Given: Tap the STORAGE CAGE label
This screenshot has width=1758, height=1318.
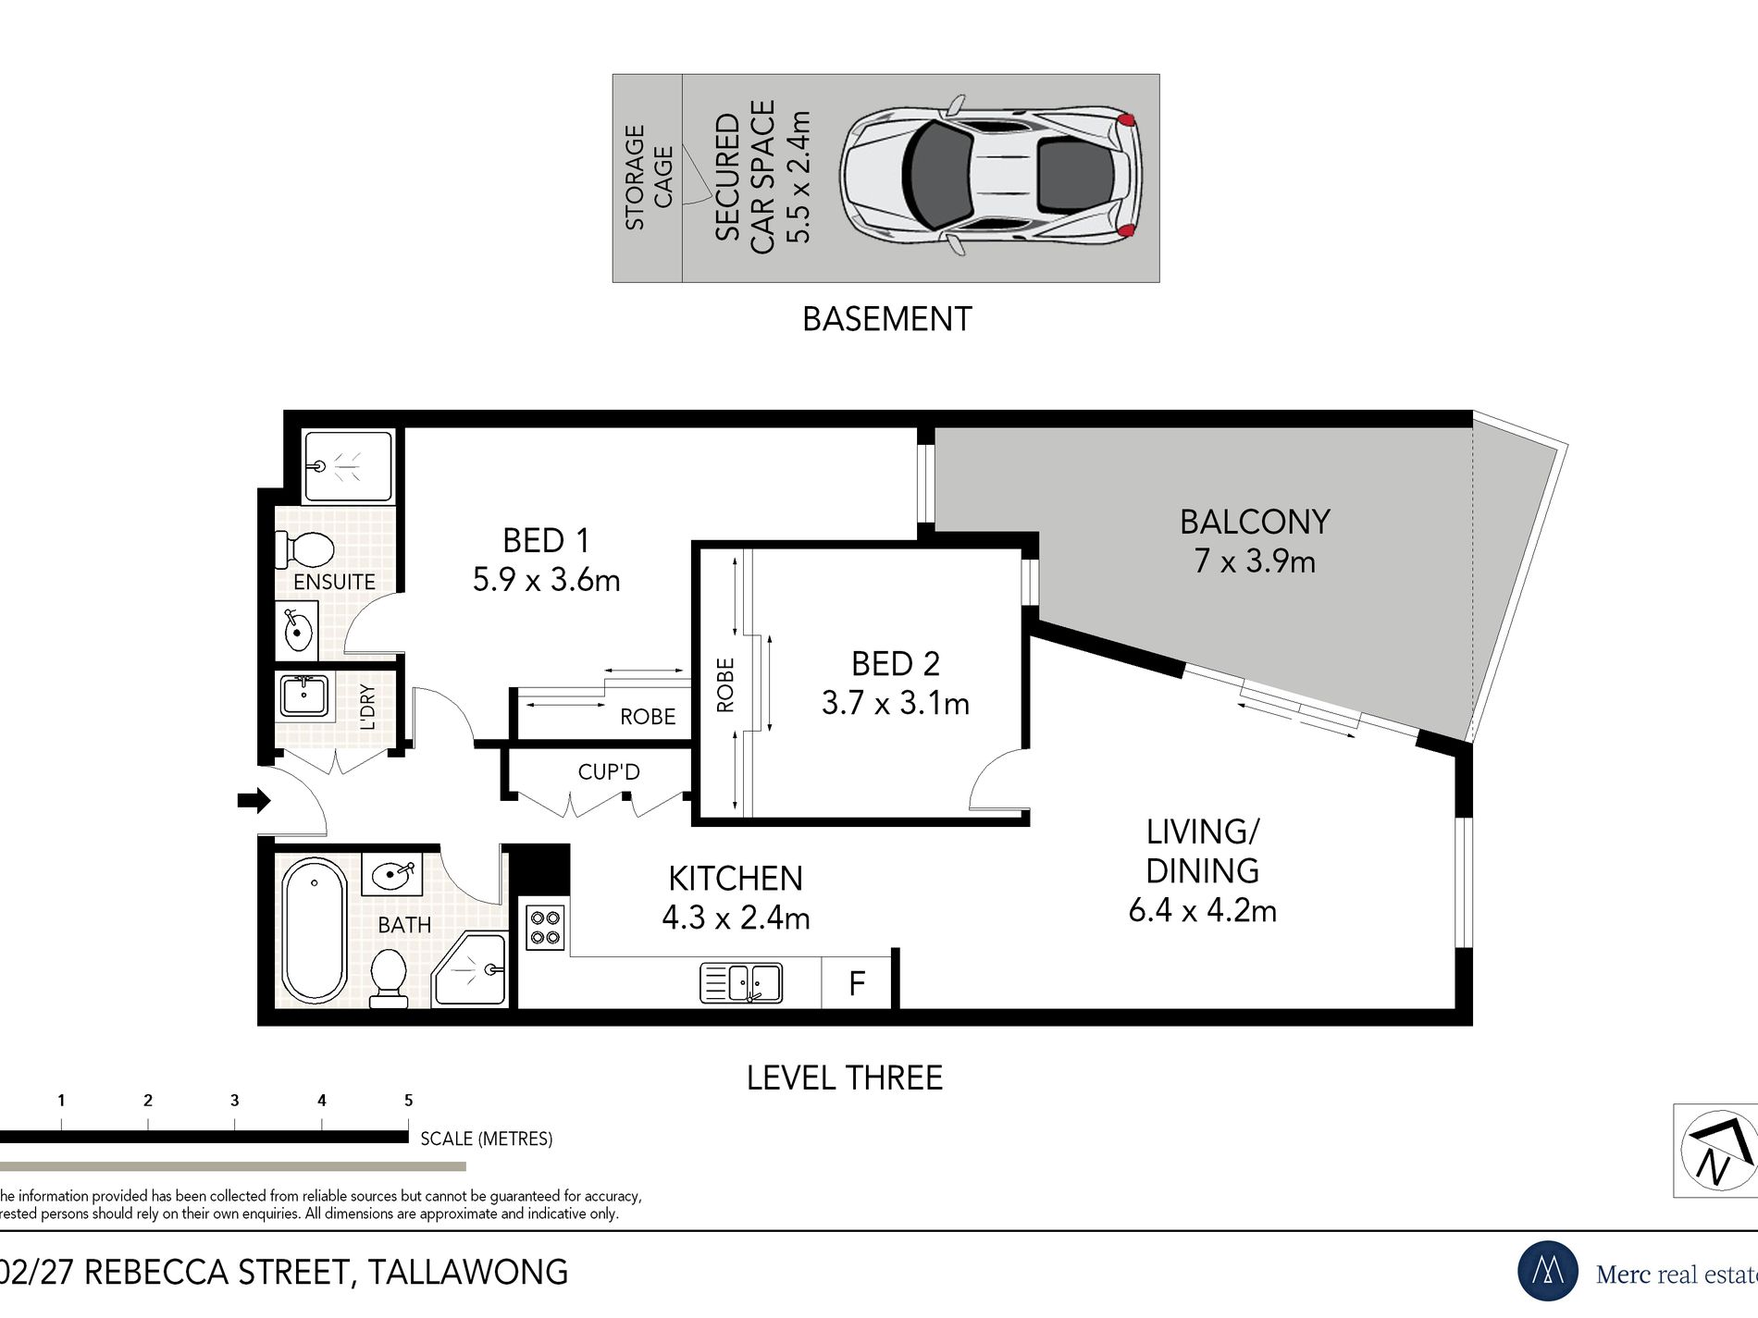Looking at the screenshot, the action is (x=649, y=177).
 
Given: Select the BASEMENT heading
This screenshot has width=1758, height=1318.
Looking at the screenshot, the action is (x=886, y=319).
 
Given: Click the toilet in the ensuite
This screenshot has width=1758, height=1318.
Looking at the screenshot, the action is (x=304, y=549).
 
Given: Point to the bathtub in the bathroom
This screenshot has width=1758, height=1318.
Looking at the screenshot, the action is (x=315, y=930).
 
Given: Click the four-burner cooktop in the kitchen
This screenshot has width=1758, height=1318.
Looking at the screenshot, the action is (x=545, y=927).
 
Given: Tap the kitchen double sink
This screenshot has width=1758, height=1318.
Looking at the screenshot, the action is (x=741, y=982).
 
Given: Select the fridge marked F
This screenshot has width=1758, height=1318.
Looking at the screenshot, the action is (x=857, y=982).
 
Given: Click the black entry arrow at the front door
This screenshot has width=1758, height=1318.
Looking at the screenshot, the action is (x=254, y=800).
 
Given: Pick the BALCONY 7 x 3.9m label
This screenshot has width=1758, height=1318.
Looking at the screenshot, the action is (x=1255, y=541).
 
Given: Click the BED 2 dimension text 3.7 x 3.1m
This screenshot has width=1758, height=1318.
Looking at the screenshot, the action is (x=896, y=703).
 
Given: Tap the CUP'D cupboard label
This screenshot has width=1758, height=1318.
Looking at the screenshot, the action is (x=609, y=771).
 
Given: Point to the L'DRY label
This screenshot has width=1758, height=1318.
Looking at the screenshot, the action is (x=367, y=707).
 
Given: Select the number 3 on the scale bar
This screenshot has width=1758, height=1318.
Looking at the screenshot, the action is (x=235, y=1101).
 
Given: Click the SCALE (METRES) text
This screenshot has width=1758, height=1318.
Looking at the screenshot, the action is (x=487, y=1139).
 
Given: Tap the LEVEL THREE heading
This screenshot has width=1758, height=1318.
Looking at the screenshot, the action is (x=845, y=1078).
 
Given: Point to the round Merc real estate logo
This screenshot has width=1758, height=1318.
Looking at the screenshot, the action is (x=1549, y=1272).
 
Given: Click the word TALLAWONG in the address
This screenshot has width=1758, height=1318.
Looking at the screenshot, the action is (x=468, y=1273).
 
